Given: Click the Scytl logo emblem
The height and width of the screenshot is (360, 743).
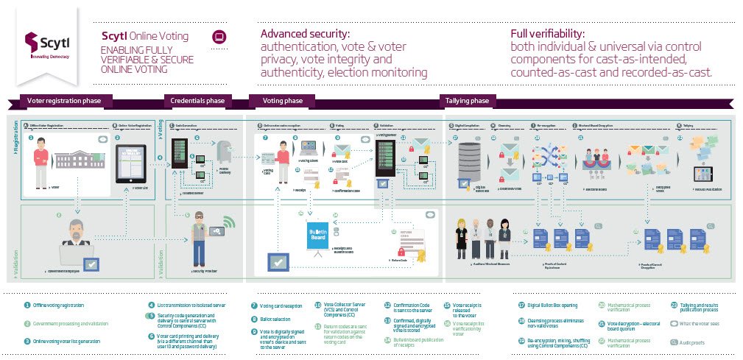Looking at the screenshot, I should (32, 41).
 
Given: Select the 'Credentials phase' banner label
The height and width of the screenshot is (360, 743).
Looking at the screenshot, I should (197, 101).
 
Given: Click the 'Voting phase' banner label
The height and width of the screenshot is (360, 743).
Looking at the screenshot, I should (284, 101).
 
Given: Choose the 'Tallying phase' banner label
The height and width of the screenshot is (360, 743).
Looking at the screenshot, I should (466, 101).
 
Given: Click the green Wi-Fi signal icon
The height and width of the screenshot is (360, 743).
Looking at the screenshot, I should (229, 222).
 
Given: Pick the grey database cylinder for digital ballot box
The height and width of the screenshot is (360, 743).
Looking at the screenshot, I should (468, 158).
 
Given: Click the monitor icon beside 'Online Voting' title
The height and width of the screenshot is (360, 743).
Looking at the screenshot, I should (218, 36).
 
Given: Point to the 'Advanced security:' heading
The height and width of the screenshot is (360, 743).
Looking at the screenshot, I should (305, 34).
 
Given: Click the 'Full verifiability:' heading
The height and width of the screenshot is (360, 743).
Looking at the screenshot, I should (548, 34).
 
